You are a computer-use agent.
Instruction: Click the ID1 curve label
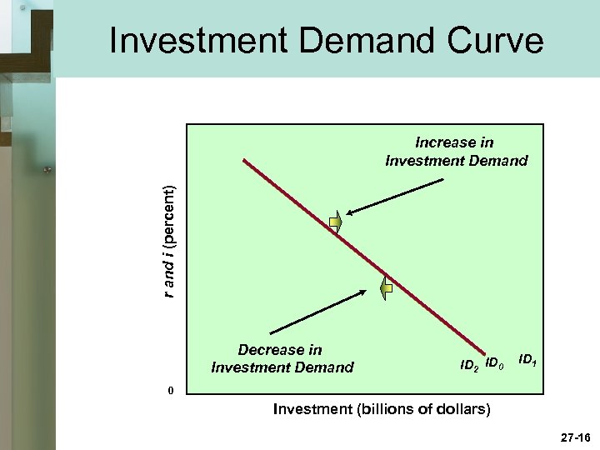(x=527, y=359)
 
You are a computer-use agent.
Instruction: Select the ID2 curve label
(x=469, y=364)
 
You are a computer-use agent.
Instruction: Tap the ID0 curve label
(x=495, y=363)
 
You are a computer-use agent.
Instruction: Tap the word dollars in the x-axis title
(x=462, y=410)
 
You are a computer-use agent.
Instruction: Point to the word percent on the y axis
(x=169, y=215)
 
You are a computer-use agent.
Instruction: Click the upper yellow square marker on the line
(x=335, y=222)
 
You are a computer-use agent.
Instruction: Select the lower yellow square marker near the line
(x=387, y=289)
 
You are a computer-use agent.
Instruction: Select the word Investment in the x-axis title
(x=308, y=410)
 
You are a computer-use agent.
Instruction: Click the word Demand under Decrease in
(x=322, y=367)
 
